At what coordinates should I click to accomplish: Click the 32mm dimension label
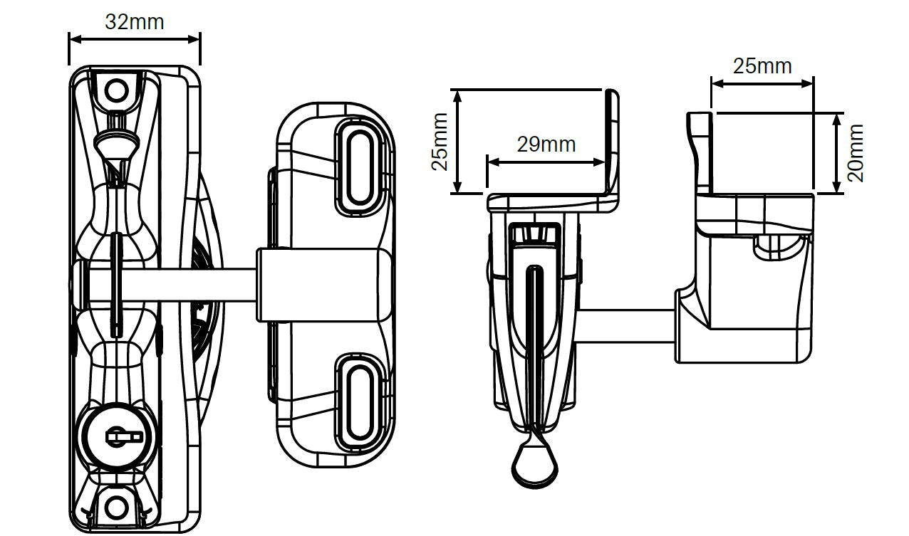(134, 21)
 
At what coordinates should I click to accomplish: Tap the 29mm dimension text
(546, 144)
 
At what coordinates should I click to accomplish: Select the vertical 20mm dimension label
(856, 152)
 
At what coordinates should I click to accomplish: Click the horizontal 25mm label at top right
(762, 66)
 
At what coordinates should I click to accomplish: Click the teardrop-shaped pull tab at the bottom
(534, 463)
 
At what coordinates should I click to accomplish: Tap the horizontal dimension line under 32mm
(134, 40)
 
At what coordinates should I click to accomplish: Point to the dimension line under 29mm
(546, 162)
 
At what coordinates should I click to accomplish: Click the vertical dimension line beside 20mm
(838, 152)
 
